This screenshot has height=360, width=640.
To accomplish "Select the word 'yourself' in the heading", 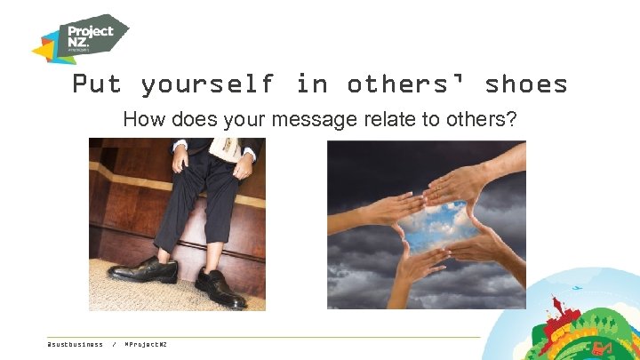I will (208, 84).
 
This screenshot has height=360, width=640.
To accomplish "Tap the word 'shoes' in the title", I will (526, 84).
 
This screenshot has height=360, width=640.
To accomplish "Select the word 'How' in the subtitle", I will (141, 119).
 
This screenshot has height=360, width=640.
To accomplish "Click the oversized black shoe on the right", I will (220, 288).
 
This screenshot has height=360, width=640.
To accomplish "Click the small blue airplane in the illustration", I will (579, 288).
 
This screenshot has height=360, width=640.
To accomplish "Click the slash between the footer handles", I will (114, 344).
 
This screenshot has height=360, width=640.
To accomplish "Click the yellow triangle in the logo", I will (45, 52).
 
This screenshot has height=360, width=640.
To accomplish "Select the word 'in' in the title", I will (311, 84).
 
